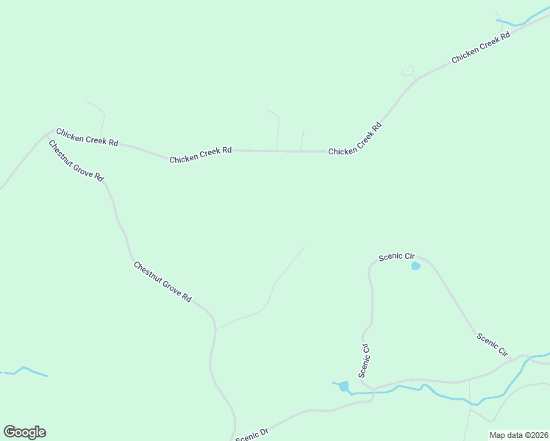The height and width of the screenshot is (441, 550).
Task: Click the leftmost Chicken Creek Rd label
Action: click(87, 137)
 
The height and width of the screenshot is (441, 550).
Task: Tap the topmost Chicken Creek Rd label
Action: click(481, 47)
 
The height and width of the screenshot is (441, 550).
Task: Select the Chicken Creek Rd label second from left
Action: click(200, 154)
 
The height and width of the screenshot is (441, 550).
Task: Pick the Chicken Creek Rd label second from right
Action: click(355, 138)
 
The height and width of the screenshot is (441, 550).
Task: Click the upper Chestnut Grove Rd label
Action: click(76, 161)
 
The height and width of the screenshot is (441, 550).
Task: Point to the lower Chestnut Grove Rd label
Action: click(162, 282)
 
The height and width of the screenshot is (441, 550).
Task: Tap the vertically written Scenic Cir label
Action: click(364, 360)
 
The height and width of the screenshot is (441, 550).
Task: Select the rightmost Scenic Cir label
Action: click(493, 345)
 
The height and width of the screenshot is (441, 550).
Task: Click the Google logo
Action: click(24, 432)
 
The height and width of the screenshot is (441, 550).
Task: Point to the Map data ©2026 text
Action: click(518, 435)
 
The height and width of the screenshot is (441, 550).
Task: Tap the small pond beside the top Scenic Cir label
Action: click(415, 265)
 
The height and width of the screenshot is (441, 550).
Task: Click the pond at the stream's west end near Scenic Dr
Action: click(343, 386)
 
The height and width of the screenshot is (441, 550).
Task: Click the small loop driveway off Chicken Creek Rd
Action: click(408, 71)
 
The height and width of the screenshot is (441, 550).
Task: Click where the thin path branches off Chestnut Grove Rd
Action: click(216, 329)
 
